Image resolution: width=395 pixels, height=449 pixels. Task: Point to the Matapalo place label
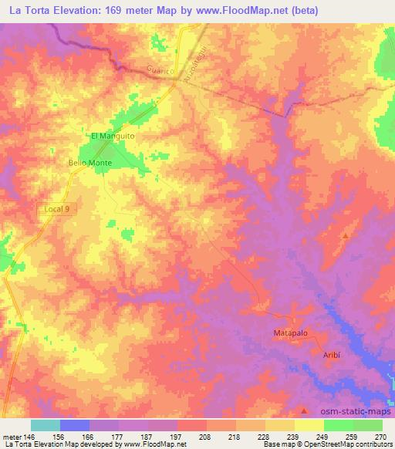(x=291, y=333)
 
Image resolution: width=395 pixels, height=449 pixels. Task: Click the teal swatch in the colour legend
(x=46, y=425)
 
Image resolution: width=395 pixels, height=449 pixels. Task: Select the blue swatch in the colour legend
(x=75, y=425)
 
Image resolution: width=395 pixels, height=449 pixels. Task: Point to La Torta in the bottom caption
(x=19, y=445)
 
